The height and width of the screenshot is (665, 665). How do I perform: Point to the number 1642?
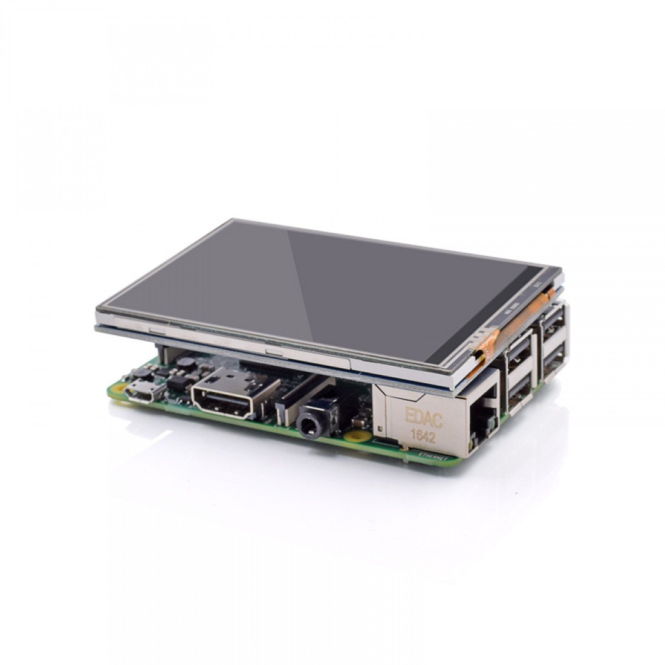[x=423, y=435]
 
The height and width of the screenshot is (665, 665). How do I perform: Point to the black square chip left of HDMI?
[x=177, y=382]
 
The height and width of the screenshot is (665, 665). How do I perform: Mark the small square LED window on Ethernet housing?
[x=380, y=429]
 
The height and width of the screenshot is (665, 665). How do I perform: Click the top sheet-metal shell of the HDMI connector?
[x=233, y=380]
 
